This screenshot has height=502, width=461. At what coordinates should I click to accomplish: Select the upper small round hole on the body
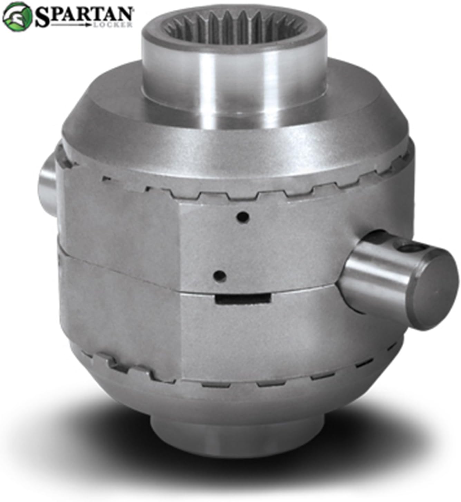pos(243,216)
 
